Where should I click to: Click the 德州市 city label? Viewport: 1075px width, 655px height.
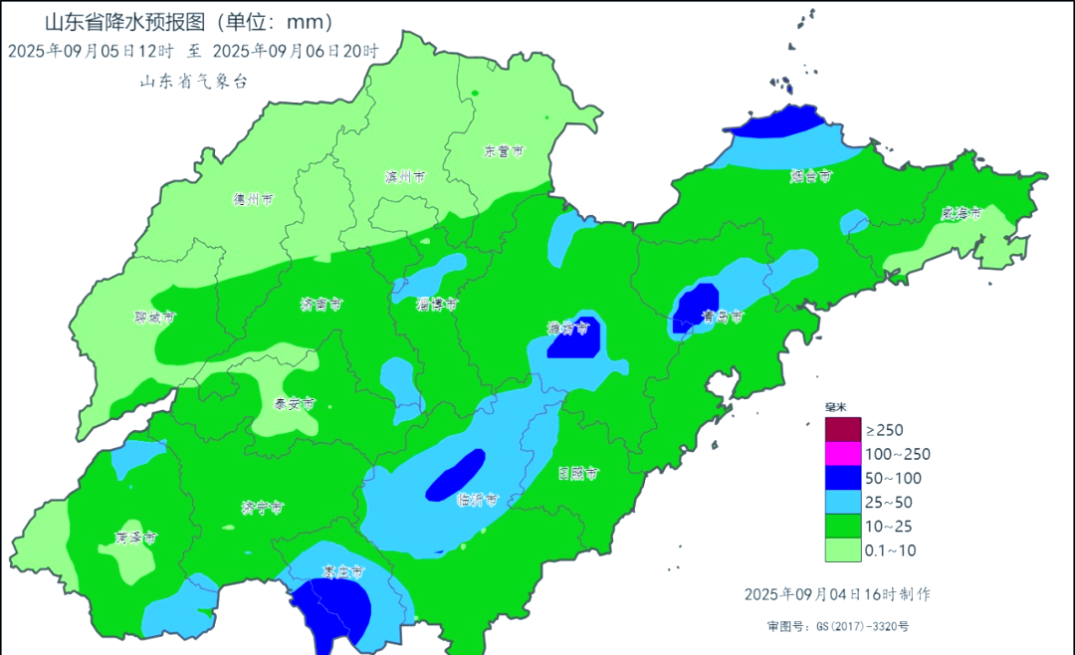(253, 199)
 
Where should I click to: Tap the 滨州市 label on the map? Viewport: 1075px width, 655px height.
(404, 177)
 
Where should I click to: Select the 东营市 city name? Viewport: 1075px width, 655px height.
(504, 152)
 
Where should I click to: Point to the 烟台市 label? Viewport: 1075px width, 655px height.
(810, 176)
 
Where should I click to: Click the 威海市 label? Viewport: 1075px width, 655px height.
(962, 213)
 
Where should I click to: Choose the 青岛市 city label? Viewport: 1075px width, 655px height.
(723, 318)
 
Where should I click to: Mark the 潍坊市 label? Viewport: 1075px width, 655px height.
(568, 328)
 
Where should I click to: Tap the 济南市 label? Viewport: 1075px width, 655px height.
(322, 305)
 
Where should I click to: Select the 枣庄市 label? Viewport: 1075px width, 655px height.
(343, 573)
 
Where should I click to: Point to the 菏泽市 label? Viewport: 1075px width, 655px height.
(135, 538)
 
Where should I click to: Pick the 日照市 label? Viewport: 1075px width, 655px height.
(578, 474)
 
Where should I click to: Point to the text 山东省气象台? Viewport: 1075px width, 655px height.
(192, 82)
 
